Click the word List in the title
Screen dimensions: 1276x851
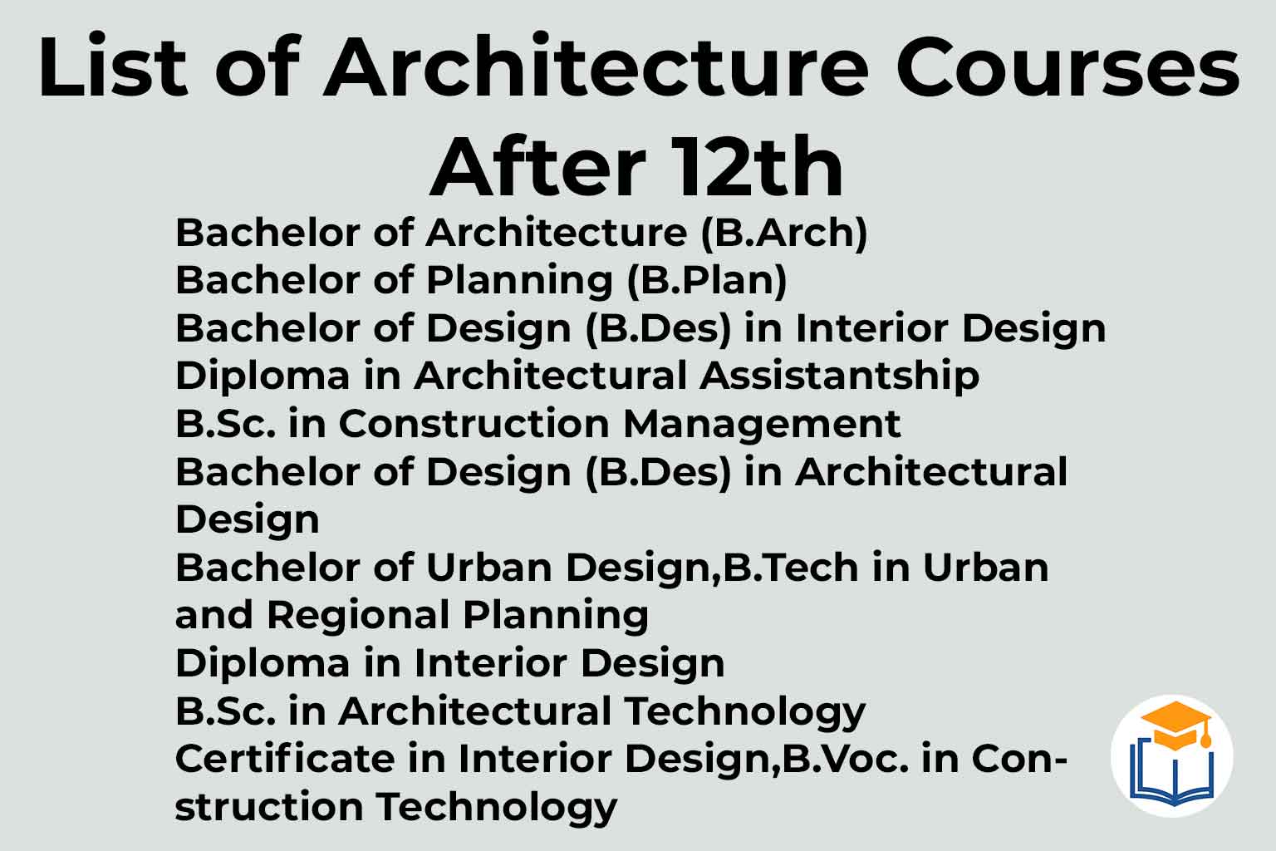point(113,66)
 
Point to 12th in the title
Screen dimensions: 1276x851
point(756,166)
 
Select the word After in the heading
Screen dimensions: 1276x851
point(537,166)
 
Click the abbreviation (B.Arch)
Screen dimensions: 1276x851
point(784,234)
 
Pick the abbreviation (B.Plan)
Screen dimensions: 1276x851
point(707,281)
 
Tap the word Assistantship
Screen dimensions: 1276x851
point(839,376)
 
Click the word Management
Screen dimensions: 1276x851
point(762,425)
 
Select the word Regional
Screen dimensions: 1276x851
point(358,616)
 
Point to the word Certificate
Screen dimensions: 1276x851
point(285,759)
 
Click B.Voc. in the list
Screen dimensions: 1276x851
point(846,759)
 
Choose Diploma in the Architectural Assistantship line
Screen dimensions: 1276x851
point(263,376)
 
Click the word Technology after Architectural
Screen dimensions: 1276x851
point(744,712)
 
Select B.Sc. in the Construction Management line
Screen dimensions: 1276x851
point(226,424)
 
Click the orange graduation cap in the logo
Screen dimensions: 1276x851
point(1176,725)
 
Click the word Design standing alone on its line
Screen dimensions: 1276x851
point(248,520)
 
